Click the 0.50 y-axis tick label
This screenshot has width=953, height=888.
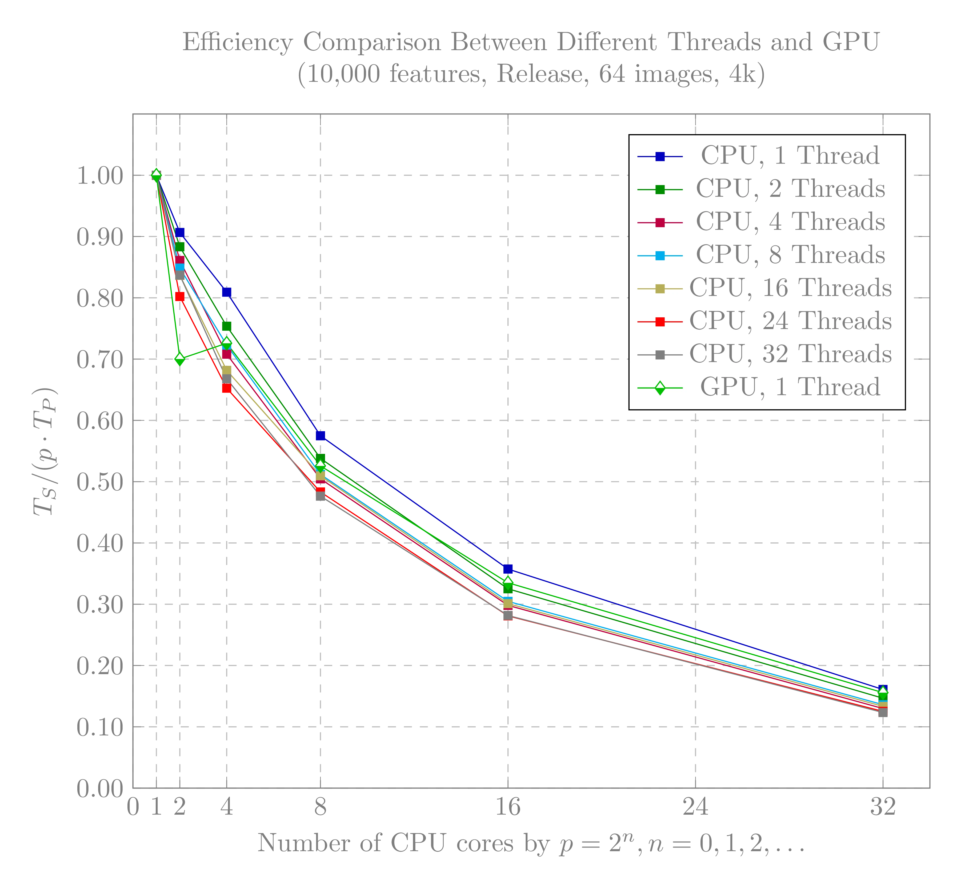tap(100, 482)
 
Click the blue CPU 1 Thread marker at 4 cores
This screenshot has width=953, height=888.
tap(227, 292)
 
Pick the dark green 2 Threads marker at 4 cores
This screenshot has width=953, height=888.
tap(227, 326)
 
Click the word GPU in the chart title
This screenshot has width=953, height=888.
tap(851, 42)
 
